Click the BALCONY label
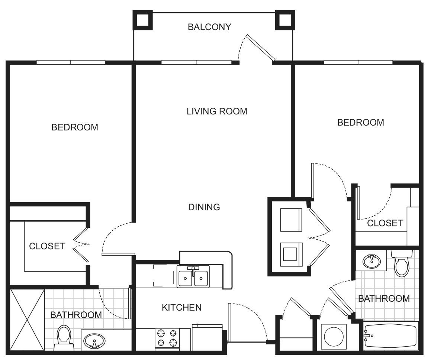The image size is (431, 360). tap(209, 27)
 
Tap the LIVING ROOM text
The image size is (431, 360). tap(217, 111)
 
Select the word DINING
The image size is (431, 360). tap(204, 207)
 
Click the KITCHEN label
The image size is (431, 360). tap(181, 307)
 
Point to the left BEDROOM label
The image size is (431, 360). tap(75, 127)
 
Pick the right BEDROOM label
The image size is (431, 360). tap(360, 122)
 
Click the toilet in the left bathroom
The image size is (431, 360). tap(64, 337)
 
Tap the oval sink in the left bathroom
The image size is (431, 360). tap(94, 341)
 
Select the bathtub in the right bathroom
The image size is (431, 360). tap(390, 337)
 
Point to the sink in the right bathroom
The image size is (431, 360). tap(372, 262)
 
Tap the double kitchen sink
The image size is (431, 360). tap(193, 276)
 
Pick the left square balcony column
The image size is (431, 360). tap(142, 20)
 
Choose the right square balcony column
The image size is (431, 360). tap(284, 20)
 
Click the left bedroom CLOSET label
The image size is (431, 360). tap(47, 246)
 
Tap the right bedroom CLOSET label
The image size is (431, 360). tap(385, 223)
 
